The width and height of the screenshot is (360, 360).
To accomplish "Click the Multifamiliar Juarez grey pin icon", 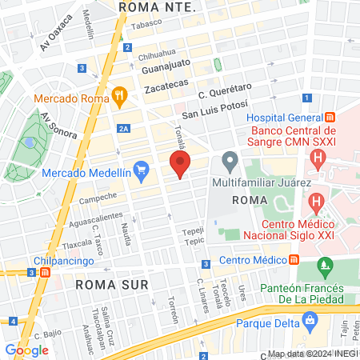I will click(x=230, y=162).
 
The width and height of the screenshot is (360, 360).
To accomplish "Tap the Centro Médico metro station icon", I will click(x=294, y=260).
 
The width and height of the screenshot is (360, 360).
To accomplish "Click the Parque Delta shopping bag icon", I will click(x=309, y=323).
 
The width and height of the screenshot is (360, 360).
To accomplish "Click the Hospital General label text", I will click(x=283, y=118).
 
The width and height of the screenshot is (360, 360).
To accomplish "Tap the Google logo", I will click(x=26, y=350).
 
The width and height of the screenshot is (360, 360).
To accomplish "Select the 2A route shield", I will click(x=122, y=129).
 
